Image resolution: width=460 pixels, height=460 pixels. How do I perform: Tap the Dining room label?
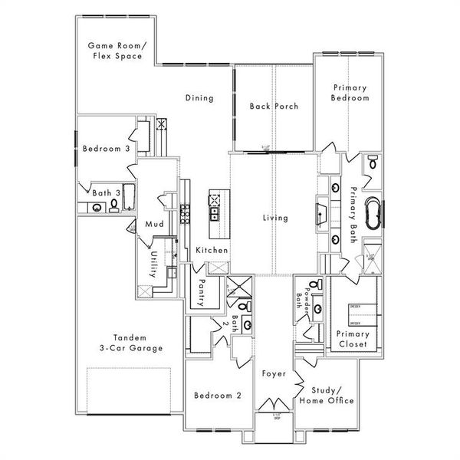pos(199,98)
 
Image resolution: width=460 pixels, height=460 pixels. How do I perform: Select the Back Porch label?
pos(274,106)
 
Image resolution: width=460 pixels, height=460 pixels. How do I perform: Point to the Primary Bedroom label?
pos(350,93)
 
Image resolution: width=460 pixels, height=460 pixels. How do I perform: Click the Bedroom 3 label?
pos(106,149)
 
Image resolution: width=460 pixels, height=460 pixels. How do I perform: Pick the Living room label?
pos(274,218)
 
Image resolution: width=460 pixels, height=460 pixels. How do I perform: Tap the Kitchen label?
pos(212,251)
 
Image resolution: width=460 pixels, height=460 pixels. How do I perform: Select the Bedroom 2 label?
pos(218,396)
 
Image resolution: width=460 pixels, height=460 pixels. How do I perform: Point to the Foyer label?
pos(273,374)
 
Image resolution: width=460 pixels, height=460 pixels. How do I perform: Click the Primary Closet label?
pos(353,339)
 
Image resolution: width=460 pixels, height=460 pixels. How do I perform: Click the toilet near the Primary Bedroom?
pos(372,162)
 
